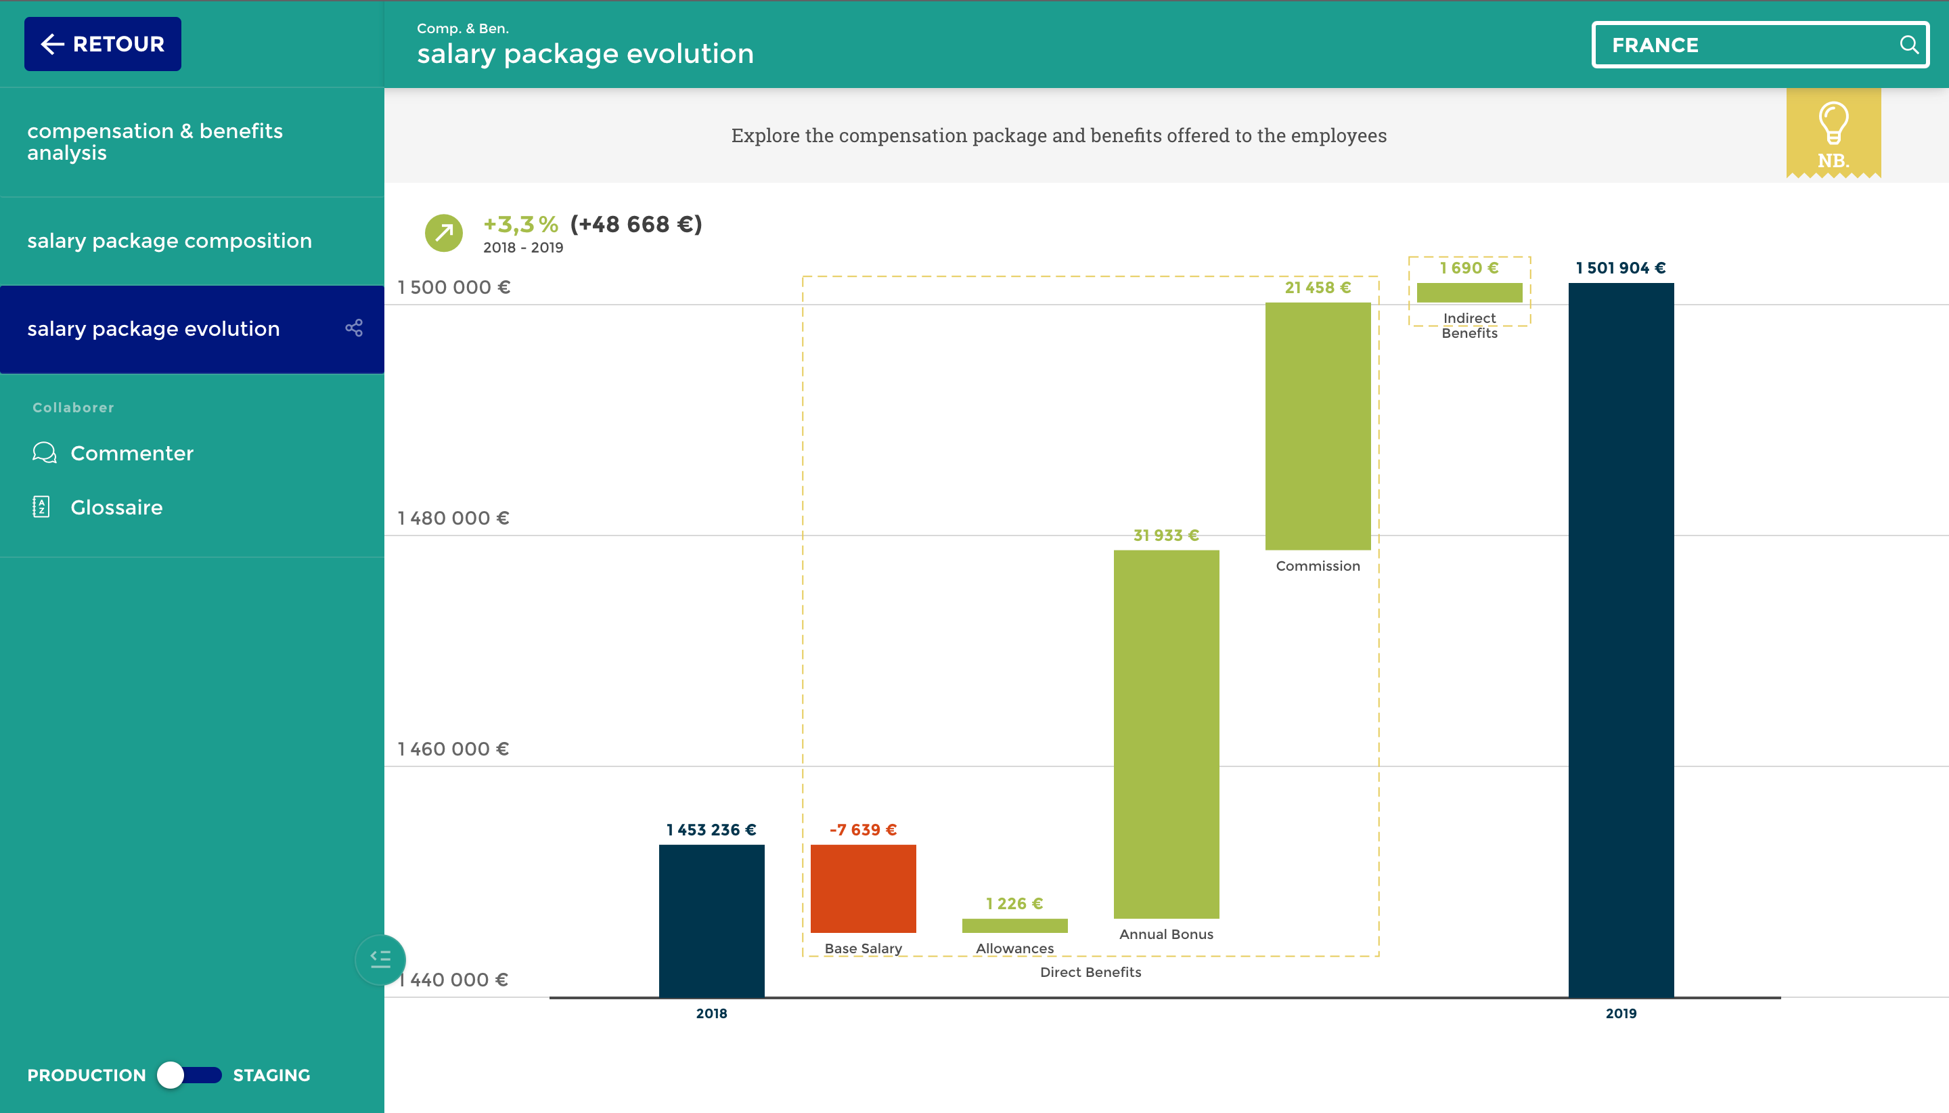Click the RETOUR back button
pyautogui.click(x=102, y=44)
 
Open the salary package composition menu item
pyautogui.click(x=170, y=241)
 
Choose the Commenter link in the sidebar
pyautogui.click(x=131, y=454)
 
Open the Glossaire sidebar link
pyautogui.click(x=116, y=508)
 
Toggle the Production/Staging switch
pyautogui.click(x=189, y=1075)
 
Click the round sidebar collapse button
pyautogui.click(x=380, y=959)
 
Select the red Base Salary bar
pyautogui.click(x=863, y=888)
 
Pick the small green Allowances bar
pyautogui.click(x=1014, y=925)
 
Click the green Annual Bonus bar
pyautogui.click(x=1166, y=734)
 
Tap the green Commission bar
pyautogui.click(x=1317, y=426)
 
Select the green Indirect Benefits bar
pyautogui.click(x=1469, y=292)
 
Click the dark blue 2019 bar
pyautogui.click(x=1621, y=639)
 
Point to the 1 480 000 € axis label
pyautogui.click(x=453, y=519)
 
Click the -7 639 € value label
pyautogui.click(x=863, y=830)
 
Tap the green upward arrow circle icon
pyautogui.click(x=444, y=232)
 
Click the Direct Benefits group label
pyautogui.click(x=1090, y=972)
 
